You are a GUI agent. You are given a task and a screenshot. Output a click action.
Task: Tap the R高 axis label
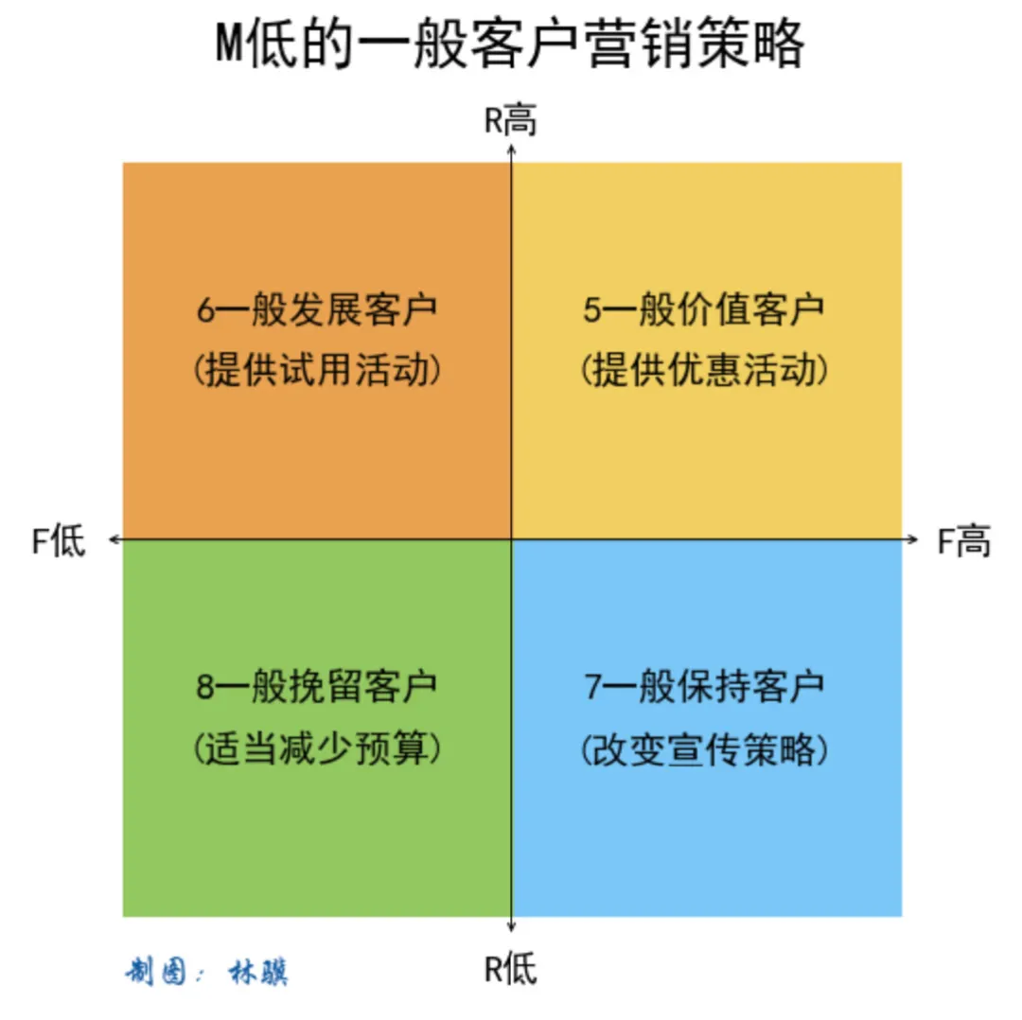click(x=510, y=122)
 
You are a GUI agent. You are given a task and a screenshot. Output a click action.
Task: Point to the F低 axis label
click(x=59, y=541)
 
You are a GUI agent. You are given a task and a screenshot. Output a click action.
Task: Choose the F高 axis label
click(x=964, y=541)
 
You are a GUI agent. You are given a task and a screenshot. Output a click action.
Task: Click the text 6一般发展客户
click(x=317, y=311)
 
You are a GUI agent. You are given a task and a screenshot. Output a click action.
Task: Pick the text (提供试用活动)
click(x=317, y=369)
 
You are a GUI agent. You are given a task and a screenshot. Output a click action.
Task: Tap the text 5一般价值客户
click(x=703, y=311)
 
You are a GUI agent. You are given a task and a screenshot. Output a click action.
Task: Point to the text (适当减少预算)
click(x=317, y=748)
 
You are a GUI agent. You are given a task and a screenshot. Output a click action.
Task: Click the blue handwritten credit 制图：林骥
click(x=206, y=972)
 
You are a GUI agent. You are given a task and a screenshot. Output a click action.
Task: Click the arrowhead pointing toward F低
click(x=114, y=539)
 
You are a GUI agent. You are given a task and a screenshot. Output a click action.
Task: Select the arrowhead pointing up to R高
click(x=512, y=149)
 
